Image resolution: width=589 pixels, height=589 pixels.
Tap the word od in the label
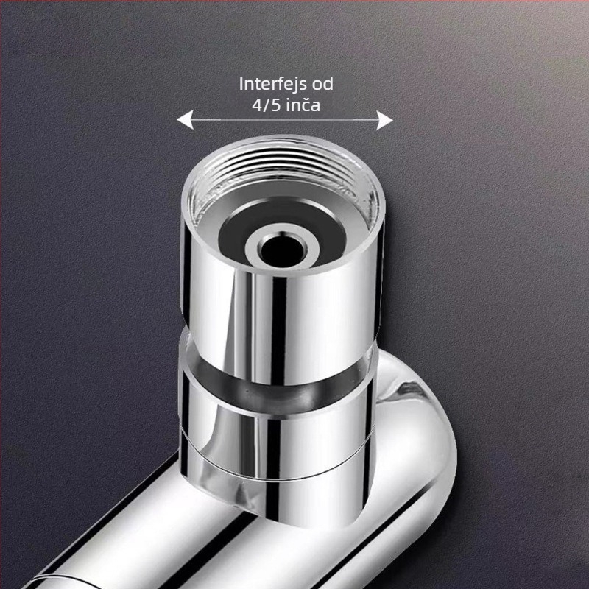(x=322, y=83)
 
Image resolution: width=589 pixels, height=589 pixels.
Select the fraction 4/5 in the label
(x=267, y=105)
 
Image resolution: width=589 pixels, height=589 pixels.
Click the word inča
(x=303, y=105)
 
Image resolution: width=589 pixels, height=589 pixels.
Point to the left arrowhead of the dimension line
(x=185, y=120)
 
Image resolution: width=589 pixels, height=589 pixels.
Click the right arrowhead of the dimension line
(x=384, y=120)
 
